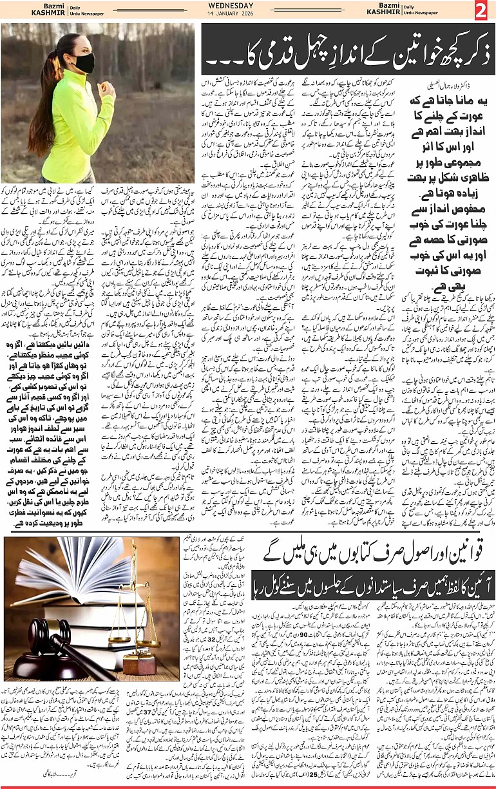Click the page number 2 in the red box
pos(481,11)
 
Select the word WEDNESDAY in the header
pos(247,5)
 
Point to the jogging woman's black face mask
pos(83,63)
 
